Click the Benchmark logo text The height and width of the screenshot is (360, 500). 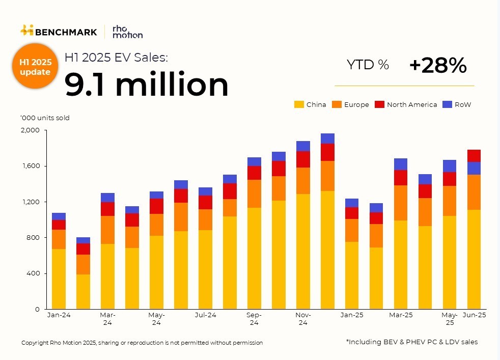(65, 32)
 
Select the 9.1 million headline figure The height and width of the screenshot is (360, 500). (147, 85)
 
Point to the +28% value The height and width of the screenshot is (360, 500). (437, 65)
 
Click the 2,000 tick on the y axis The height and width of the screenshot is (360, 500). (30, 130)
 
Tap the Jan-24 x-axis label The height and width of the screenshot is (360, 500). (59, 315)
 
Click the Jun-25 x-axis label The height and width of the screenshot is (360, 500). (474, 315)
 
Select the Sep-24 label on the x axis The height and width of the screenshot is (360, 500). (254, 318)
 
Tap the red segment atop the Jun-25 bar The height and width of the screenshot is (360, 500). (474, 156)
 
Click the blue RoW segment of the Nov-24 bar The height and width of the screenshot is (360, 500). (303, 146)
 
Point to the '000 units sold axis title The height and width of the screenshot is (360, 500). (45, 118)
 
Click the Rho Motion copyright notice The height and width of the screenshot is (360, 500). (142, 343)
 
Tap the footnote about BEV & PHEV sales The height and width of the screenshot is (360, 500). (411, 342)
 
